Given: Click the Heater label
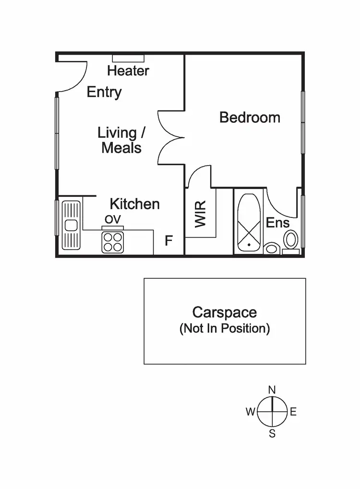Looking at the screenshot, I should (128, 71).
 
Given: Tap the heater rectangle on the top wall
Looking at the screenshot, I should (128, 58).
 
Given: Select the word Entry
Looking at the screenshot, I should (104, 92).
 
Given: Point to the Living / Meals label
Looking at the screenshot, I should (121, 140).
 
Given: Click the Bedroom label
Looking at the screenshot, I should (250, 118).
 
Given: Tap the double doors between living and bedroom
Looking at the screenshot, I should (171, 138).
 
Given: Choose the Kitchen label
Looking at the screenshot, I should (134, 204).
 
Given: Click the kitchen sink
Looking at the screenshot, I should (71, 225).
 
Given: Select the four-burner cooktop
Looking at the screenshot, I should (113, 242).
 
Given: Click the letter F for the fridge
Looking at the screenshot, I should (168, 241).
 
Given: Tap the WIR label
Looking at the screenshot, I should (201, 215).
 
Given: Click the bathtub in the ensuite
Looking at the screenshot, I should (249, 223).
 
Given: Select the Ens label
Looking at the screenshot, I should (277, 223).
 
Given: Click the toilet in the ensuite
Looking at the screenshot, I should (291, 240).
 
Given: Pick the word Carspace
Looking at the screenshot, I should (225, 312).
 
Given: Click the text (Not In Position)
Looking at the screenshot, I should (225, 329).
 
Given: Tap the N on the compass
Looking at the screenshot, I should (272, 390).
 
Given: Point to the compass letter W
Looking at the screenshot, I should (250, 412).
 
